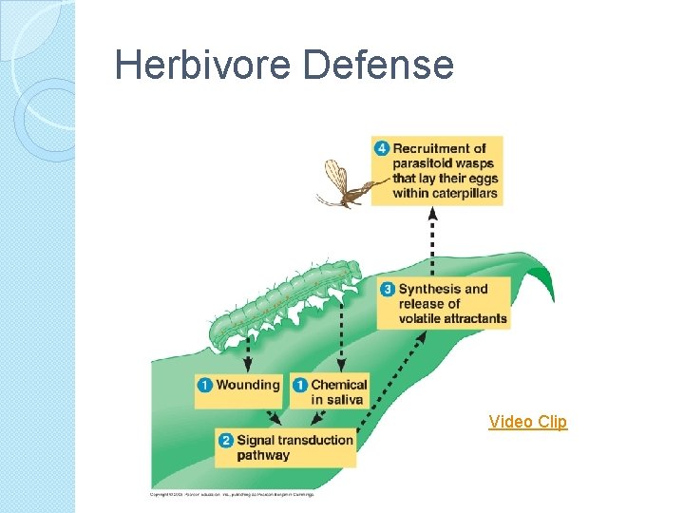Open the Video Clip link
click(x=527, y=422)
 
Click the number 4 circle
click(x=382, y=148)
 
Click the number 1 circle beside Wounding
click(x=205, y=385)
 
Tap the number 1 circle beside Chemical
click(x=300, y=385)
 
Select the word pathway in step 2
click(x=263, y=455)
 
